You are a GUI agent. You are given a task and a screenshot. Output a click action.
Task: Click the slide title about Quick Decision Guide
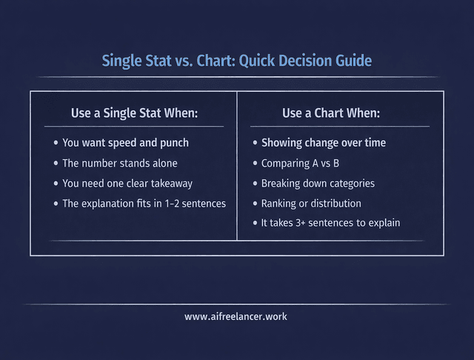coord(236,60)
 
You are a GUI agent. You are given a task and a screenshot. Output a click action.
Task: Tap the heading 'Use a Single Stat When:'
coord(135,113)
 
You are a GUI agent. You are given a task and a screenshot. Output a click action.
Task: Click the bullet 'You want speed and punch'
coord(125,142)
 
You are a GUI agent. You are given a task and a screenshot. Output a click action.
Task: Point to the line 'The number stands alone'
coord(120,163)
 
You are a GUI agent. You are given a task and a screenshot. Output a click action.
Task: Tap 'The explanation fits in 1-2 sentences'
coord(144,203)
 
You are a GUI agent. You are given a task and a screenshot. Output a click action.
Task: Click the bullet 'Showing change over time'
coord(324,142)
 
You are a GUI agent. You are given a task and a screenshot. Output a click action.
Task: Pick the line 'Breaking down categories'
coord(318,183)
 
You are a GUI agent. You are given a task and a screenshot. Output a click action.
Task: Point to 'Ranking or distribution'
coord(311,203)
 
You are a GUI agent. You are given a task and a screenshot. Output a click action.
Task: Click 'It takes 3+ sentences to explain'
coord(330,223)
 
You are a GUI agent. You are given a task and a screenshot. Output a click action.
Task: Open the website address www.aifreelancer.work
coord(236,316)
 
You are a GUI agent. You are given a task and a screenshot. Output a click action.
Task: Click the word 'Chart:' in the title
coord(210,60)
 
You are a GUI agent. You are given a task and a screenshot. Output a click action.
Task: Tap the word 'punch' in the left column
coord(174,142)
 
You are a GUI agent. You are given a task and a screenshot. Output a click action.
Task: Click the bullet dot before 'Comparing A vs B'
coord(256,163)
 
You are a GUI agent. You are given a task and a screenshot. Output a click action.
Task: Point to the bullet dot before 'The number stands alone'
coord(56,163)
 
